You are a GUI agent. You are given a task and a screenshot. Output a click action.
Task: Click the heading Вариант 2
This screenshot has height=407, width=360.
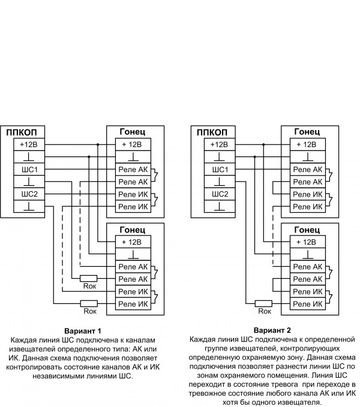point(272,331)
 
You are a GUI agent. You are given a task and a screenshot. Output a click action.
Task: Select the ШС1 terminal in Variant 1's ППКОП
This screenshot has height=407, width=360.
point(29,170)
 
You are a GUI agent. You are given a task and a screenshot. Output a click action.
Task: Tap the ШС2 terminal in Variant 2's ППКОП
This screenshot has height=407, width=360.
point(217,194)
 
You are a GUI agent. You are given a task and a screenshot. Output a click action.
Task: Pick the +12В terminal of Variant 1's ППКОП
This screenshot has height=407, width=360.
point(29,144)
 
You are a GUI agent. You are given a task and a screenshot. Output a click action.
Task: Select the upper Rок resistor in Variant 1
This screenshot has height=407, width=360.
point(89,278)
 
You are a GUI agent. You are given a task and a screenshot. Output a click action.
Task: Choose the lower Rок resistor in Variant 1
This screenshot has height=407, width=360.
point(89,303)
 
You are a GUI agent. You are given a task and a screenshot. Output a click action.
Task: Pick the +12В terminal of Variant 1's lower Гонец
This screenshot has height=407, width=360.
point(131,242)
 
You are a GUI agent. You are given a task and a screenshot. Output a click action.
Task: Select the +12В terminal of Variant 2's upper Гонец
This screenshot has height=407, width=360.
point(307,144)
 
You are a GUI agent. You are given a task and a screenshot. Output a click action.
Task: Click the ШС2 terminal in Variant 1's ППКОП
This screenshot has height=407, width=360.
point(29,194)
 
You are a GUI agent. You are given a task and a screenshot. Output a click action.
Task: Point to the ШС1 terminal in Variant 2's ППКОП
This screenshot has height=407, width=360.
point(217,170)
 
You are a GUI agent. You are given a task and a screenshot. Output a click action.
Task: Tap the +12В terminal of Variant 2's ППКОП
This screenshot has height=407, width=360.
point(217,144)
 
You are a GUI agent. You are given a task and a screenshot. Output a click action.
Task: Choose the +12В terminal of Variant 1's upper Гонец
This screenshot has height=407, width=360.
point(131,144)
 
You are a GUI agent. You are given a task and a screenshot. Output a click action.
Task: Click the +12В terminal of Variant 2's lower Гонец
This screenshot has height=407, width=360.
point(307,242)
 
